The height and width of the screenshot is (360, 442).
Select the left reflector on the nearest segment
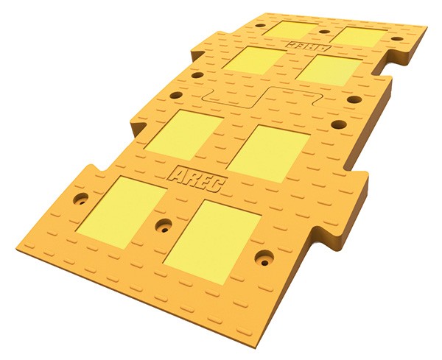121,213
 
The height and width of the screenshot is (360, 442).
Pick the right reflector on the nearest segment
212,242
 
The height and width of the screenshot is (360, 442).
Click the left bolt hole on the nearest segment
80,199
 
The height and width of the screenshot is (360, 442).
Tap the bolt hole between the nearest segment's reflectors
164,225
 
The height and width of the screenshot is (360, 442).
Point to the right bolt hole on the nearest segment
264,258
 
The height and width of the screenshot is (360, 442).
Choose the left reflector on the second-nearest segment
183,135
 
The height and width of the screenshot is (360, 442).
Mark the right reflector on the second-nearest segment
268,153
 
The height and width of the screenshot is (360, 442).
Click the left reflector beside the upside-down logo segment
253,60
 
